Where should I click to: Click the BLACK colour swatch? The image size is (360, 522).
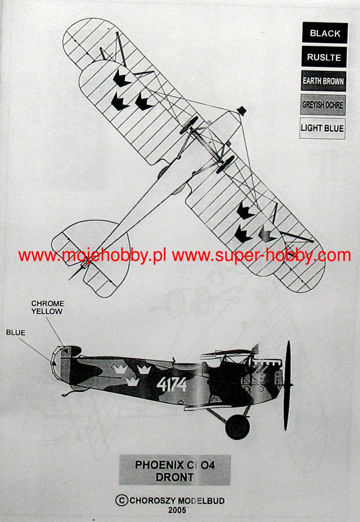click(325, 33)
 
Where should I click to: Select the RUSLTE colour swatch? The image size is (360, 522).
click(324, 57)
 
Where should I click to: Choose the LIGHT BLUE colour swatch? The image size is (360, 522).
click(322, 128)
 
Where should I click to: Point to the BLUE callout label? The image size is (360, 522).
click(16, 333)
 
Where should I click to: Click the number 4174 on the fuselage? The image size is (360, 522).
click(171, 384)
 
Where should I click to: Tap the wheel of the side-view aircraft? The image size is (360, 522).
click(238, 426)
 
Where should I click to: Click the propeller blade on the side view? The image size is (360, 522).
click(287, 385)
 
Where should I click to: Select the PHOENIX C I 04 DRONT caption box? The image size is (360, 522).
click(175, 470)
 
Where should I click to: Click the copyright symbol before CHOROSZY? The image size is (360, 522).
click(122, 500)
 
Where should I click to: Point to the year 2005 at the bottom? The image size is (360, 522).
click(177, 510)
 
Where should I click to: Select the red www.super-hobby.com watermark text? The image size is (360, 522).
click(261, 256)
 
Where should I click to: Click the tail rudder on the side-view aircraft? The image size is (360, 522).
click(61, 365)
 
